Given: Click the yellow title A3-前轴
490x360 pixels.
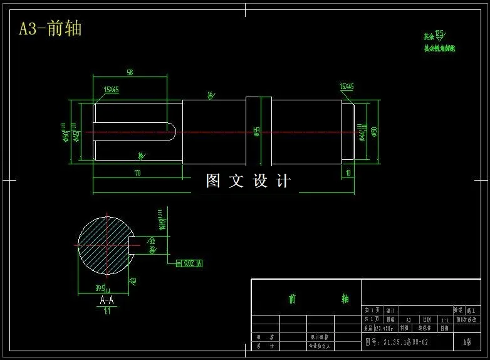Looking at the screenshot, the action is point(50,29).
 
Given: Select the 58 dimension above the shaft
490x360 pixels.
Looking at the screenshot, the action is point(130,72).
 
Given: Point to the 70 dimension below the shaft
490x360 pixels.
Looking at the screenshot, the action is point(138,171).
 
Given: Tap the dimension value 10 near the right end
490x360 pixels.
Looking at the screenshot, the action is point(348,172).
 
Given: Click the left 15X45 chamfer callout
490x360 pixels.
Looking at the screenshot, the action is point(112,90).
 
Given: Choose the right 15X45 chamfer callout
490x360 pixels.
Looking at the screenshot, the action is point(347,87).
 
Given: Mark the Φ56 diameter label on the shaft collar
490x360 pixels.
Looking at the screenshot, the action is point(257,131).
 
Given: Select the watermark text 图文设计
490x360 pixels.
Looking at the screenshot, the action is point(248,181).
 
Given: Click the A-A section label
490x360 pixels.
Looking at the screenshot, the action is point(107,300).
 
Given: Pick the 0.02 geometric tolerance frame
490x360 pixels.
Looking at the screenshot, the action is point(190,263).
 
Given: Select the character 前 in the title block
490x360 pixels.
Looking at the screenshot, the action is point(292,299).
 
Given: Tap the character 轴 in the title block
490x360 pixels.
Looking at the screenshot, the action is point(345,299).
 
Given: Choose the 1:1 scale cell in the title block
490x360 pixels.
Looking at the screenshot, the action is point(445,319).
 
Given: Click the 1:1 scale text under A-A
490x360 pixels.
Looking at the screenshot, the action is point(107,310).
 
